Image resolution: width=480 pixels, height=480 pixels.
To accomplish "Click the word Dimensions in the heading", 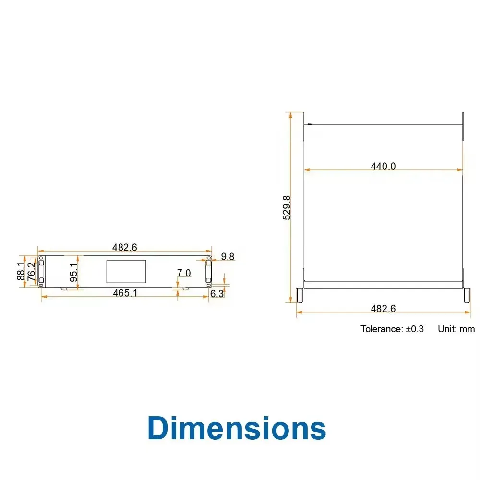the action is click(x=237, y=428).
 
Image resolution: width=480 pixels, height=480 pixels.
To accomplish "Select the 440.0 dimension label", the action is click(x=383, y=166).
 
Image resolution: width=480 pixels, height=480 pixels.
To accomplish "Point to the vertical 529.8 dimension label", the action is click(x=287, y=207).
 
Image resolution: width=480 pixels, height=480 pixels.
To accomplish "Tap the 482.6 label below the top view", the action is click(x=383, y=308).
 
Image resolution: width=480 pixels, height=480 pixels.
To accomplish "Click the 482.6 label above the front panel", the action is click(x=125, y=247).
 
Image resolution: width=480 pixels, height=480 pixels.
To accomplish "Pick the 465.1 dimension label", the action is click(x=125, y=293).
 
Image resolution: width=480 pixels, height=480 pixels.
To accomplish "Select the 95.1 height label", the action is click(x=74, y=273).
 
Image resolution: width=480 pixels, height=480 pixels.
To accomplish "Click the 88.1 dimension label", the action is click(x=21, y=271).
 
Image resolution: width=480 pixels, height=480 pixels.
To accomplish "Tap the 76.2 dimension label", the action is click(x=31, y=272).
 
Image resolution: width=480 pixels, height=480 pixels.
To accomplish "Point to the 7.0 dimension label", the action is click(x=184, y=273).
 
